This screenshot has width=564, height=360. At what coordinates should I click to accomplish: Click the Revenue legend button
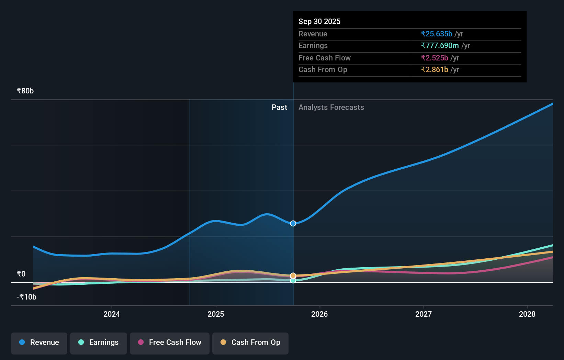coord(39,342)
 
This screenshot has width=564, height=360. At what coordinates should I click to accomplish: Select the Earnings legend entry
coord(99,342)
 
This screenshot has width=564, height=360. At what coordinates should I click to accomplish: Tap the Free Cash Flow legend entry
coord(170,342)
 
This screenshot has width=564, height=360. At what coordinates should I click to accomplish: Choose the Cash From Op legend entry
coord(250,342)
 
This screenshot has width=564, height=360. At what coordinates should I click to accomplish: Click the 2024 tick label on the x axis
coord(112,314)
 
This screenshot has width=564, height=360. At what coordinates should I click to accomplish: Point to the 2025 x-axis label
coord(216,314)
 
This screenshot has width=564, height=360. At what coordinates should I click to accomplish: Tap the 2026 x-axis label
coord(319,314)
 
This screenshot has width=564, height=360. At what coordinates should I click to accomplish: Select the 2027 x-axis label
coord(423,314)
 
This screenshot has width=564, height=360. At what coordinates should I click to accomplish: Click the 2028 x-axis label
coord(527,314)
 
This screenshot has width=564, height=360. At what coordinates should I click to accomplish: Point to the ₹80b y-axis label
coord(25,91)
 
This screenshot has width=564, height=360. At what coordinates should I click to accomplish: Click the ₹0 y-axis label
coord(21,274)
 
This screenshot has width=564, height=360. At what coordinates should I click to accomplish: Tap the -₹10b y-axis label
coord(26,297)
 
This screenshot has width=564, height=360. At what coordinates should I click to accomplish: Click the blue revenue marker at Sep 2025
coord(293,224)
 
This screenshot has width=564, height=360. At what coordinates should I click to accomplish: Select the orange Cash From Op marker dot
coord(293,275)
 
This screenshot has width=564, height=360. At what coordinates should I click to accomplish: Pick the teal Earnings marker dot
coord(293,281)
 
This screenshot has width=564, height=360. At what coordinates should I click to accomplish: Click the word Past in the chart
coord(279,108)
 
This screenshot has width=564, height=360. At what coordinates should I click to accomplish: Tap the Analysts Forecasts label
coord(331,108)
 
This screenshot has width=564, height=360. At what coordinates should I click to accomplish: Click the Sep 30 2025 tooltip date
coord(319,22)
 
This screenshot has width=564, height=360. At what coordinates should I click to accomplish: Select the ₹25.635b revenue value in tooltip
coord(437,34)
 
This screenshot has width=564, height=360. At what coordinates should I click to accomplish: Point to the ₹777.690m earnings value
coord(440,46)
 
